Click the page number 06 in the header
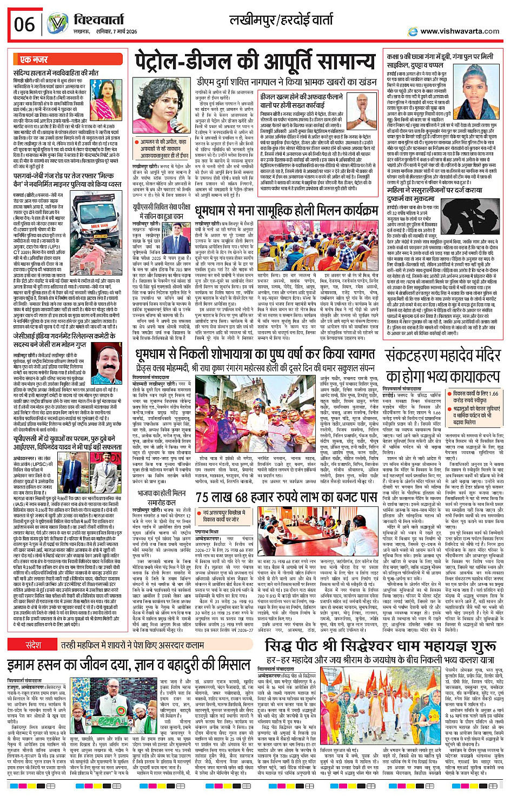[24, 24]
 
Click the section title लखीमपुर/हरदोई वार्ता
[282, 21]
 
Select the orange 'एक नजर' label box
[34, 59]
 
